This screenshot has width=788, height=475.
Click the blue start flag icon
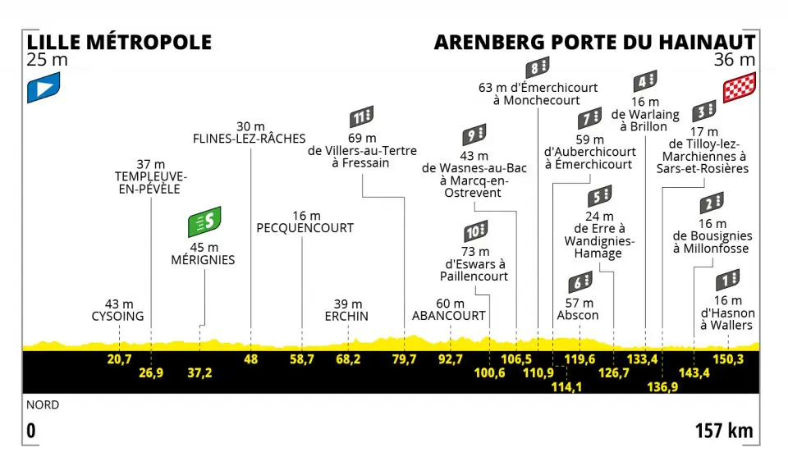[44, 87]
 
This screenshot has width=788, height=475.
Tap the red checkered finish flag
[740, 87]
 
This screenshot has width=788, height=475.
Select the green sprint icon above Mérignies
[204, 222]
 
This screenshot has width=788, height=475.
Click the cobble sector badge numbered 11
[362, 117]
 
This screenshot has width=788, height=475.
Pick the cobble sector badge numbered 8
[538, 67]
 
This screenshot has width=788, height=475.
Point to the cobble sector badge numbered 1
[728, 281]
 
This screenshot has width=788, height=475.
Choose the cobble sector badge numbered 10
[475, 231]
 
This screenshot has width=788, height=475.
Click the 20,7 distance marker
[119, 359]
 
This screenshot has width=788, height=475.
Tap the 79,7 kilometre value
[404, 359]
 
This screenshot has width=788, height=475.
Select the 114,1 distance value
[566, 386]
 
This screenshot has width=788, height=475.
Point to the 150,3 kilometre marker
[728, 359]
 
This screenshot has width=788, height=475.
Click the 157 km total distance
[724, 431]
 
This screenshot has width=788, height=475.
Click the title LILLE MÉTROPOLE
[119, 42]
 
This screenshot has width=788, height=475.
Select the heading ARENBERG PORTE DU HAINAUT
[595, 42]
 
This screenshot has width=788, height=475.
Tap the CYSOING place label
[117, 317]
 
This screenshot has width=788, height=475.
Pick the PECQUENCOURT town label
[305, 228]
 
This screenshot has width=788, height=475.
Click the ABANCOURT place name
[449, 316]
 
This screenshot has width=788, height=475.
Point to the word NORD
[43, 404]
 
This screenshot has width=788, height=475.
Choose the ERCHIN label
[346, 317]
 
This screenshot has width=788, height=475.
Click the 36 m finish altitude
[735, 60]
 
